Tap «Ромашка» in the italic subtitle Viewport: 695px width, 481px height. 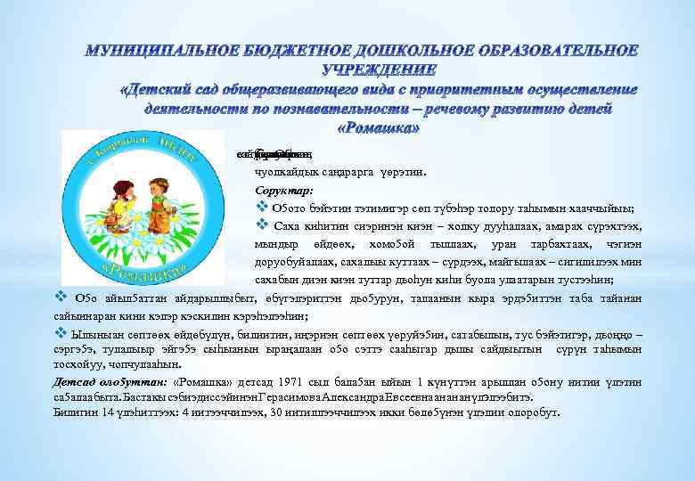pos(380,127)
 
